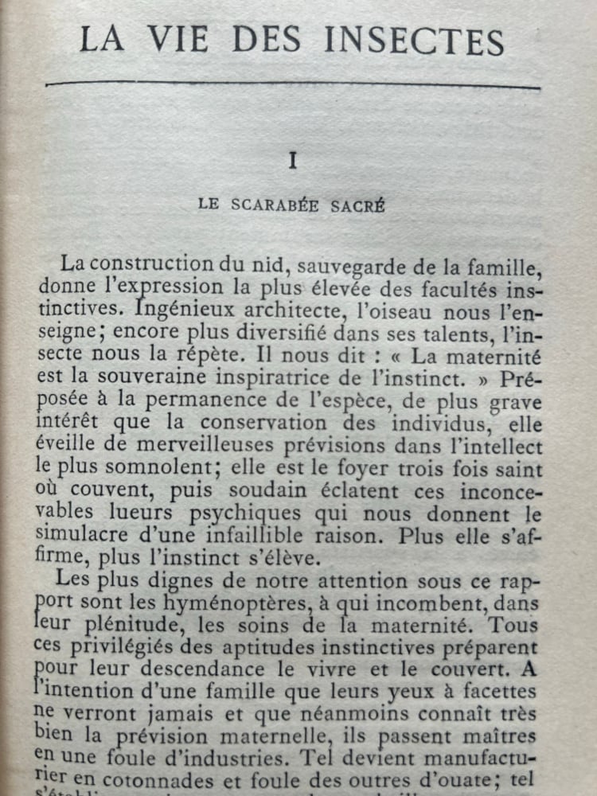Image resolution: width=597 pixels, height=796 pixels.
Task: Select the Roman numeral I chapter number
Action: click(292, 161)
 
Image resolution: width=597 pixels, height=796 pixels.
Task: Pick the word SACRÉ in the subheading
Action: click(360, 205)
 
